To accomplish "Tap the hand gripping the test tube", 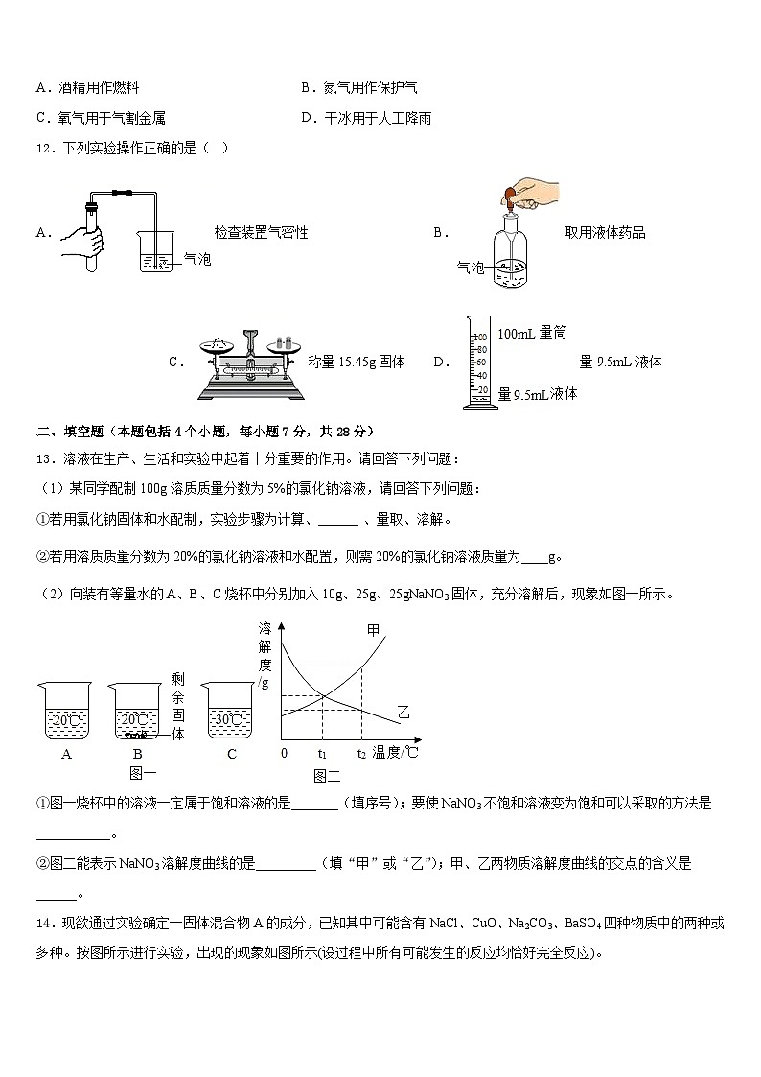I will click(x=84, y=241).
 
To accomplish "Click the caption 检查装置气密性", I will click(x=261, y=233).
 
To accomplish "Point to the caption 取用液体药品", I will click(x=605, y=233).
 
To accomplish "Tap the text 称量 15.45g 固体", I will click(x=357, y=362).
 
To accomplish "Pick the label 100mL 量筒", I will click(x=532, y=334).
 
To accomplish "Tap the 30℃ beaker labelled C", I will click(x=231, y=711).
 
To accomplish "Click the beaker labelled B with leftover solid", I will click(x=136, y=711).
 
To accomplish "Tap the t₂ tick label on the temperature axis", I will click(x=361, y=754).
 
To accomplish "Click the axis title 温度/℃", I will click(x=395, y=752).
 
